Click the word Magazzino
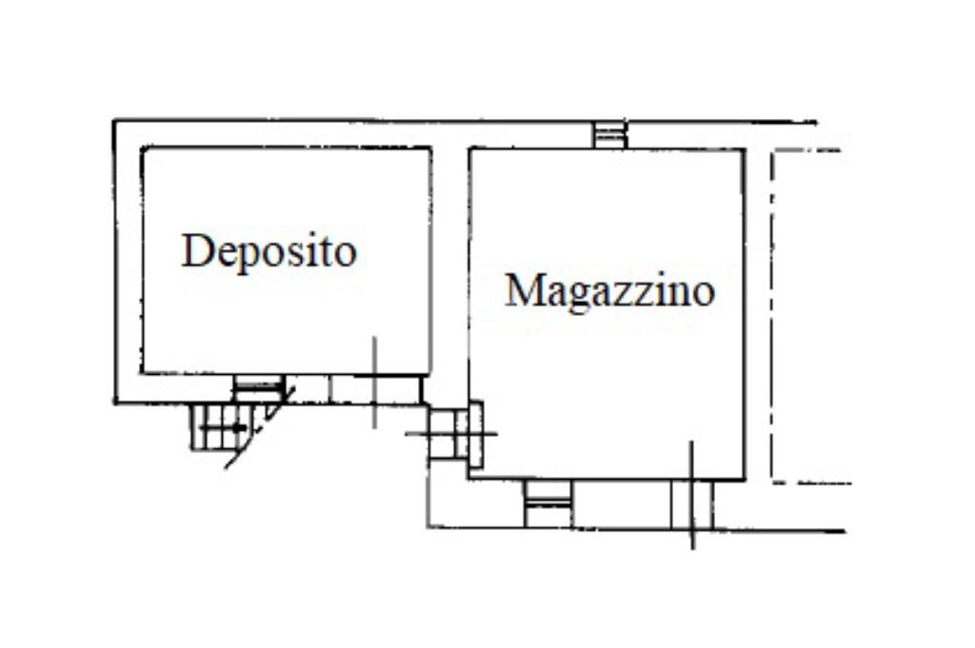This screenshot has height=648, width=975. coord(610,291)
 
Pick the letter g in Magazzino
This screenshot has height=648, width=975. coord(576,297)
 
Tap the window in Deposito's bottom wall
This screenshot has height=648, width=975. coord(259,388)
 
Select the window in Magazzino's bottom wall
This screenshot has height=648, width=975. coord(547,503)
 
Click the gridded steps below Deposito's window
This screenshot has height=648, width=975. coord(214,426)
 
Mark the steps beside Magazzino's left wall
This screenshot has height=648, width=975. coord(448,434)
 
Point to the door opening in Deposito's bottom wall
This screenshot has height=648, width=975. coord(375,389)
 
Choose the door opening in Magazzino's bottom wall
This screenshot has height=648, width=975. coord(691,504)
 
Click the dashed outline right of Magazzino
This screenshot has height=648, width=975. coord(772,316)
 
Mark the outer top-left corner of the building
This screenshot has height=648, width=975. coord(114,121)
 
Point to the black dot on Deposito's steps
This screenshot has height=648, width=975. coord(236,427)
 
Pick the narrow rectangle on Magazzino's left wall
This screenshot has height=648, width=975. coord(476,434)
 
